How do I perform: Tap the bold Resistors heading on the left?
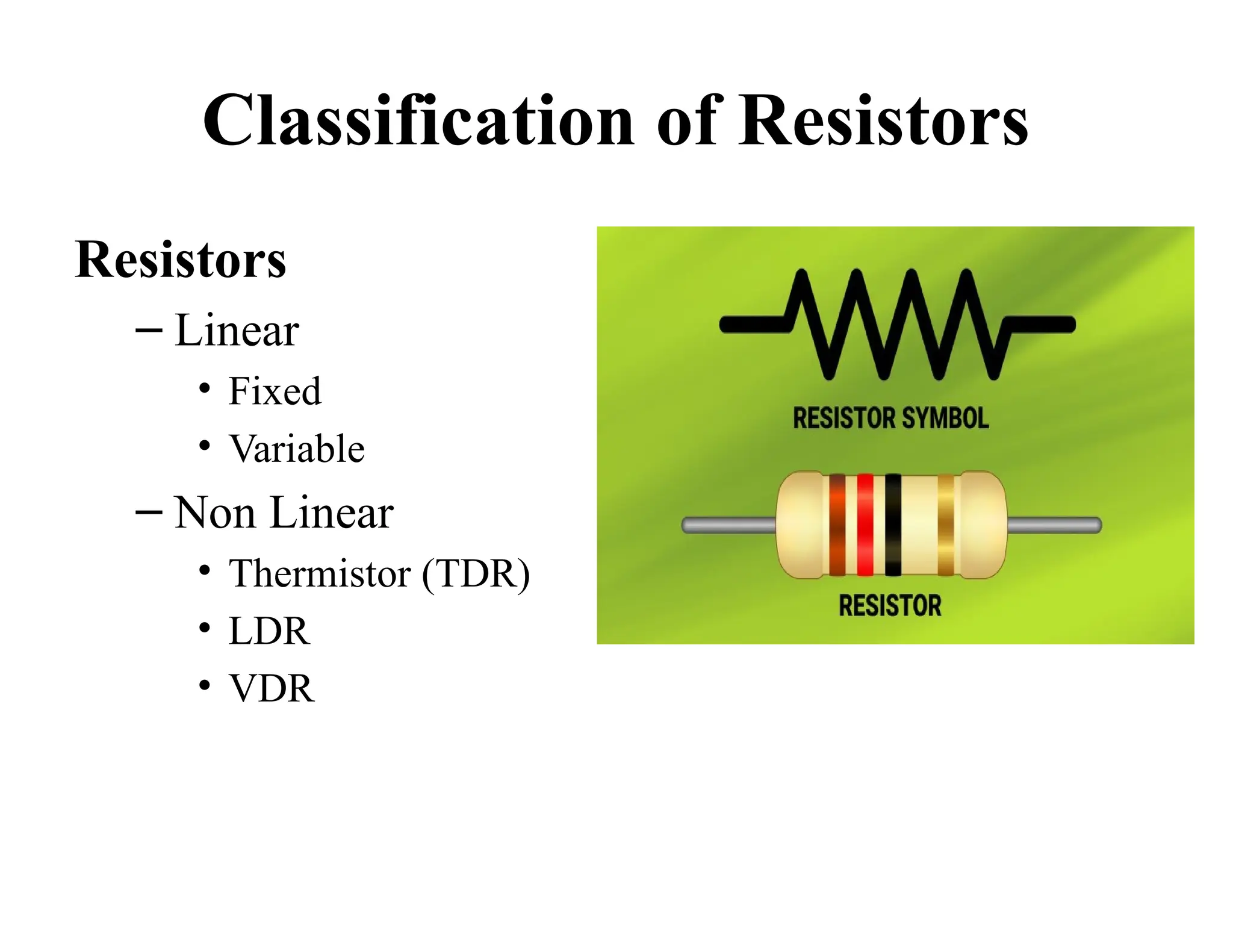[x=180, y=260]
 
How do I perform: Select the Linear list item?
[x=236, y=331]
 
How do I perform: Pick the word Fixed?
[x=275, y=391]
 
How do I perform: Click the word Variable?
[x=296, y=449]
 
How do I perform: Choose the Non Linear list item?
[x=284, y=512]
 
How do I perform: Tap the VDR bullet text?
[x=271, y=688]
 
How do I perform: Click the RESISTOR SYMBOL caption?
[x=890, y=418]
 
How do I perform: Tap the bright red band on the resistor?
[x=865, y=525]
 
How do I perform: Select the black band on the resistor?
[x=893, y=525]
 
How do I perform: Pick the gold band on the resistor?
[x=946, y=525]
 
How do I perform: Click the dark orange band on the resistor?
[x=837, y=525]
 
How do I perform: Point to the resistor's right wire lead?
[x=1054, y=525]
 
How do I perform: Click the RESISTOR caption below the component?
[x=890, y=606]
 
